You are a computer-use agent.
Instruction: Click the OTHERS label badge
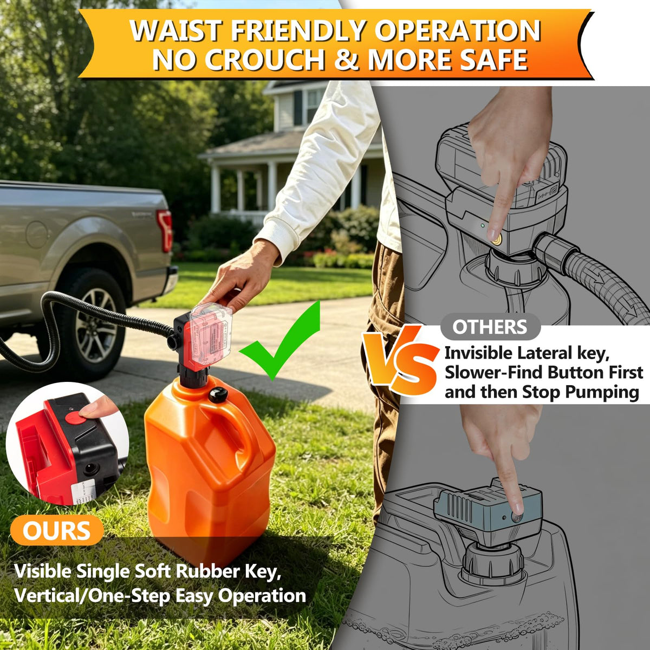[490, 327]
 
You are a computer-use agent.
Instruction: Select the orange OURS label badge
[56, 531]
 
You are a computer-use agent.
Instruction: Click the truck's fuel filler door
[36, 235]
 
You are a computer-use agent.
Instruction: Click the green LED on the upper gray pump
[483, 225]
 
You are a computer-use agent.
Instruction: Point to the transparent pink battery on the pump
[211, 335]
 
